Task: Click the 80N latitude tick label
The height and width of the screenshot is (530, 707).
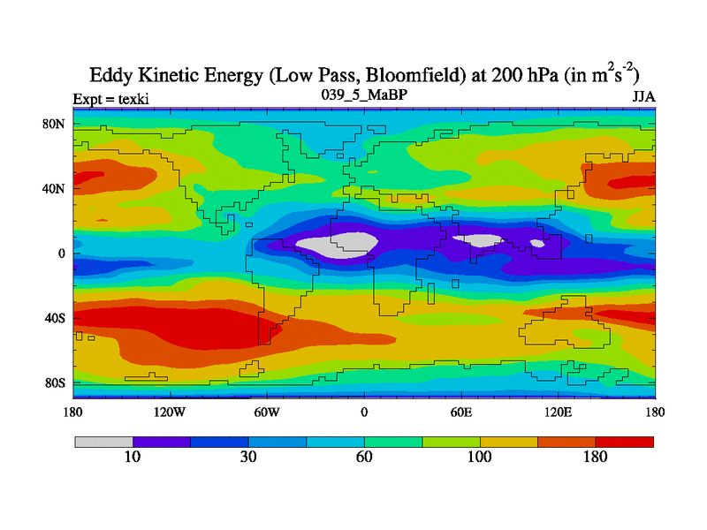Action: coord(55,125)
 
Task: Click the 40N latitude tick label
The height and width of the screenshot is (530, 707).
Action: coord(55,189)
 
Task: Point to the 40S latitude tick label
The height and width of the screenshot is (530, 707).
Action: coord(56,318)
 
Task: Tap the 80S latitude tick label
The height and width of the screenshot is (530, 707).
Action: coord(56,382)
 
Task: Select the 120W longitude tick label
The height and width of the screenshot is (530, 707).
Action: coord(169,412)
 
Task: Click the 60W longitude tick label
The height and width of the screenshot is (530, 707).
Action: coord(267,412)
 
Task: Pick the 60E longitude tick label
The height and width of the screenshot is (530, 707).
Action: coord(460,412)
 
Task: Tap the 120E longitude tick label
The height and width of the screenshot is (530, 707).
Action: coord(558,412)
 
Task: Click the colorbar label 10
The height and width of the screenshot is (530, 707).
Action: coord(133,457)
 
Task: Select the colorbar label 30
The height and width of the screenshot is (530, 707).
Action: coord(248,457)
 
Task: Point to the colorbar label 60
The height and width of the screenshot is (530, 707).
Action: coord(364,457)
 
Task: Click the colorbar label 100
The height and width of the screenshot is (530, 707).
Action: coord(480,457)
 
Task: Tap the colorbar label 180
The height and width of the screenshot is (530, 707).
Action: coord(596,457)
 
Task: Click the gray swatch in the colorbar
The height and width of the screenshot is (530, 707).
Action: coord(103,441)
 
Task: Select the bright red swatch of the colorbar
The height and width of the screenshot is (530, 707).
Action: coord(625,441)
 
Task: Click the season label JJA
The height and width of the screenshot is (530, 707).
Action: coord(642,96)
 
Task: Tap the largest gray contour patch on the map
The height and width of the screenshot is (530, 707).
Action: coord(336,243)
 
